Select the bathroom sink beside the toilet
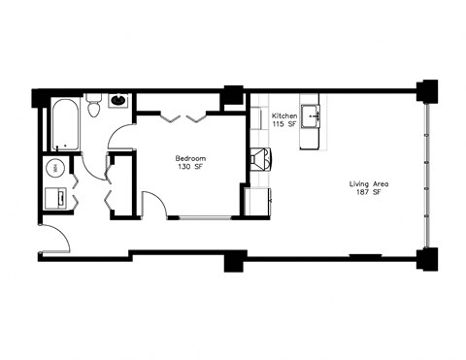pyautogui.click(x=118, y=100)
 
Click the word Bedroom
pyautogui.click(x=188, y=158)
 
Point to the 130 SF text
pyautogui.click(x=188, y=167)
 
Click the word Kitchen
pyautogui.click(x=283, y=115)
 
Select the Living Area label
pyautogui.click(x=367, y=183)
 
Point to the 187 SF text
pyautogui.click(x=367, y=192)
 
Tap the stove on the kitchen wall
pyautogui.click(x=260, y=159)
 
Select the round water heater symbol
pyautogui.click(x=55, y=168)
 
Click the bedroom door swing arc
pyautogui.click(x=153, y=204)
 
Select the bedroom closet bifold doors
pyautogui.click(x=183, y=117)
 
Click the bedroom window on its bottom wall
pyautogui.click(x=198, y=217)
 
